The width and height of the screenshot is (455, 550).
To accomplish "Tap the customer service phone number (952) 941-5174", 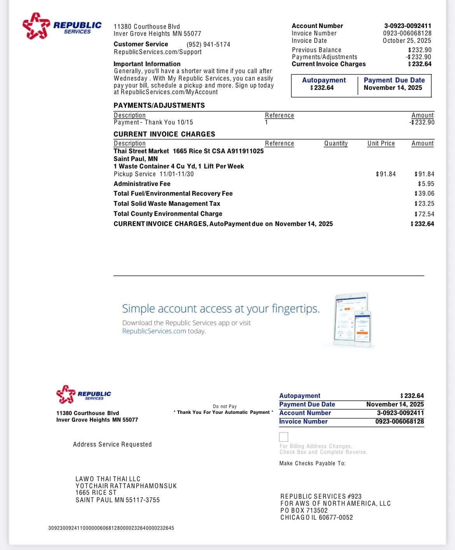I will point(208,45).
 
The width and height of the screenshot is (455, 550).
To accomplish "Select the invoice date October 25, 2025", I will point(407,40).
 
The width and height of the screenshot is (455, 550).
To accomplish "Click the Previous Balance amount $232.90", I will point(420,50).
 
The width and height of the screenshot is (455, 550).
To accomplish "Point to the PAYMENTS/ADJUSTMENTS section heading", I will point(159,105).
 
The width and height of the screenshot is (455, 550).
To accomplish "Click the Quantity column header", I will point(336,143).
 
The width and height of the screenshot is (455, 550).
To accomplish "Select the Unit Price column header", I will point(381,143).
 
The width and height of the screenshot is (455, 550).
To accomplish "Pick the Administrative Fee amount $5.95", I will point(426,184).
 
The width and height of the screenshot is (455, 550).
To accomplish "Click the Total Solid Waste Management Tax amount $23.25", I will point(424,203).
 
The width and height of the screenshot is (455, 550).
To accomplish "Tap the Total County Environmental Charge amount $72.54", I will point(424,214).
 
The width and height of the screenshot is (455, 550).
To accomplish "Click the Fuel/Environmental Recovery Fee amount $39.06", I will point(424,193).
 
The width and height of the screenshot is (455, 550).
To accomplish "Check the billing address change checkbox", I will point(284,436).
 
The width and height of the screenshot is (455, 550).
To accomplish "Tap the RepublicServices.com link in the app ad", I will point(154,331).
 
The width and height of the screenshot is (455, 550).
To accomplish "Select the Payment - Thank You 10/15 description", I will point(153,122).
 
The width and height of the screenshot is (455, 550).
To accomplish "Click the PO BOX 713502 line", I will point(304,510).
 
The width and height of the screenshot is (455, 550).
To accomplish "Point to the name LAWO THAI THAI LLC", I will point(108,479).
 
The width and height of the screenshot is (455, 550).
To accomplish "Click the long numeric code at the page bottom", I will point(111,528).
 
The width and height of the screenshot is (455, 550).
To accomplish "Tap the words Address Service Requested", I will point(112,444).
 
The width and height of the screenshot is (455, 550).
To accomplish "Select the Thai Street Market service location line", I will point(188,151).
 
